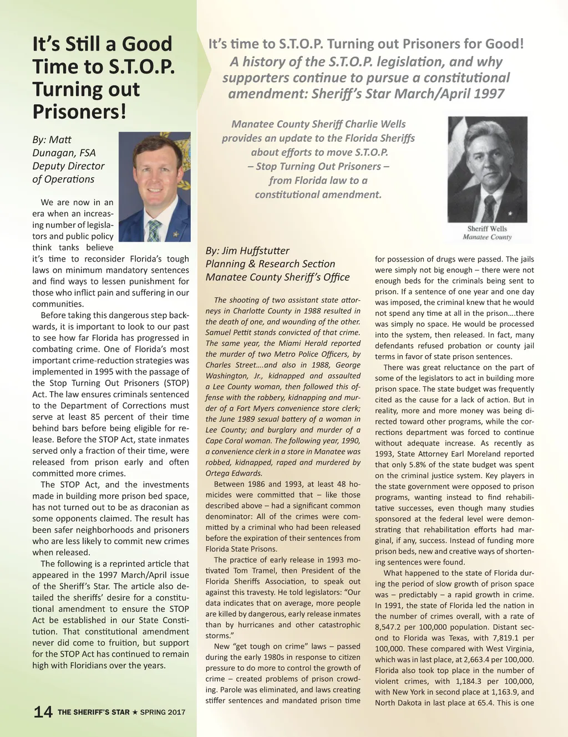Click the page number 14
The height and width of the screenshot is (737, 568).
[43, 712]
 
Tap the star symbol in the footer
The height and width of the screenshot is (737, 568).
[135, 712]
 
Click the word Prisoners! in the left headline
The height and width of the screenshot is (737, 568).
[79, 111]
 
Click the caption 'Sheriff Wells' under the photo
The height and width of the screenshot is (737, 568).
[487, 228]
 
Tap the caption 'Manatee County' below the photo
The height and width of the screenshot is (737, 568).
[487, 237]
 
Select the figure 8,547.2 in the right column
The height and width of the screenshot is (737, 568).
[390, 627]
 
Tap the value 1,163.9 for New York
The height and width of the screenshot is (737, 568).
[504, 692]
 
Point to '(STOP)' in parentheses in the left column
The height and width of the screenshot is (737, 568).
[171, 383]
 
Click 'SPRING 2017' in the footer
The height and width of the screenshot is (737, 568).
[163, 712]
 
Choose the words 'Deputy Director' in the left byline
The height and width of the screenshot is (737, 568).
[68, 166]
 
